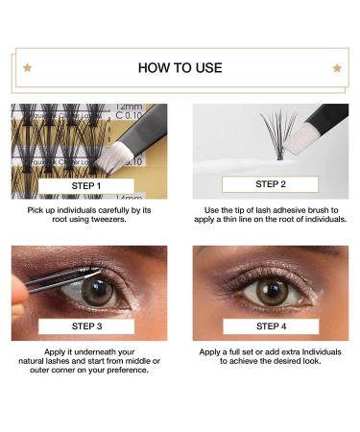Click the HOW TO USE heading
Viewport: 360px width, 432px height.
click(x=180, y=68)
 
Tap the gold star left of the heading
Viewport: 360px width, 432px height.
click(x=28, y=67)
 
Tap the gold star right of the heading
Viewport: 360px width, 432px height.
click(x=337, y=68)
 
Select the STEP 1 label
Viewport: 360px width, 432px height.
click(x=86, y=186)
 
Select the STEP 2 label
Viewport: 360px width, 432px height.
click(x=271, y=184)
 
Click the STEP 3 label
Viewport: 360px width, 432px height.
click(x=86, y=326)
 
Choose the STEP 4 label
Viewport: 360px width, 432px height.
click(x=271, y=326)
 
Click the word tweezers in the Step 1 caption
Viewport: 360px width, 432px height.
click(x=108, y=219)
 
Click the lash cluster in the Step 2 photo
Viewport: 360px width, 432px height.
click(x=278, y=134)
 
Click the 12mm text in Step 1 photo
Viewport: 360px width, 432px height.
click(x=129, y=107)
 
